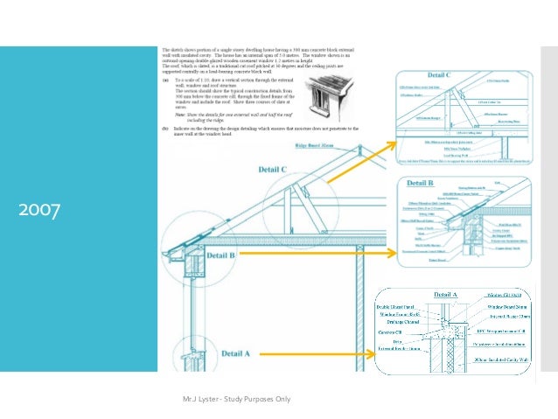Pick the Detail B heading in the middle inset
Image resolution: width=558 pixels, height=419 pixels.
(421, 184)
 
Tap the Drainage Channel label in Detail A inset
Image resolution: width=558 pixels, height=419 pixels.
(399, 322)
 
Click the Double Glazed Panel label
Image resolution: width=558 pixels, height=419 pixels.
(398, 306)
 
